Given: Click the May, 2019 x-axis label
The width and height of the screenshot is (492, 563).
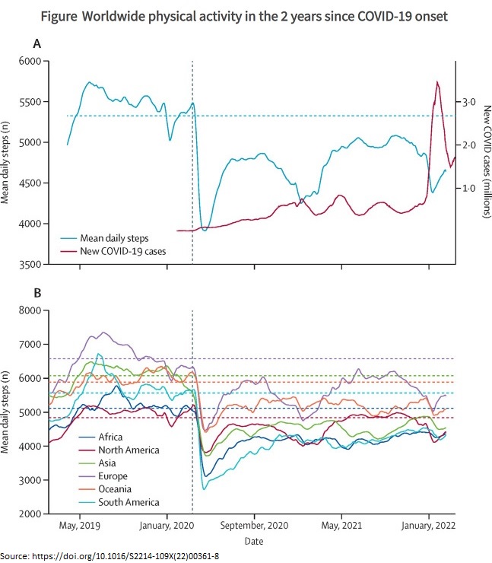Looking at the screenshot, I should [x=80, y=526].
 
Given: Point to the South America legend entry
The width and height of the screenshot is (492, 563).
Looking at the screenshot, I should [x=129, y=502].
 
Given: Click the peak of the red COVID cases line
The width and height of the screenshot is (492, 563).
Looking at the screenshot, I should [x=437, y=81].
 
